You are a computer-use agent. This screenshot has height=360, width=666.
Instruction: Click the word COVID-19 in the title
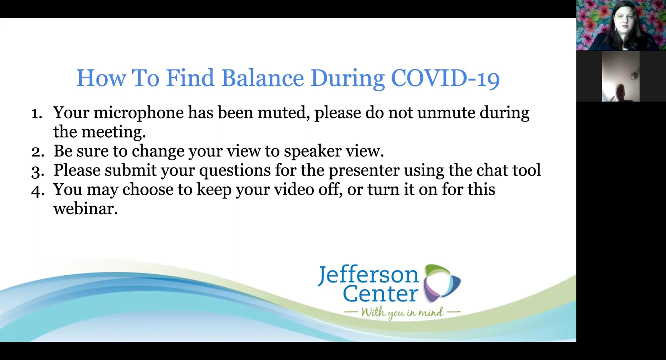[445, 78]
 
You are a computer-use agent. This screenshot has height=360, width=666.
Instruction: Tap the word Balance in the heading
[263, 78]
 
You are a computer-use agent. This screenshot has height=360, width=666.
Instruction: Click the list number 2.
[38, 152]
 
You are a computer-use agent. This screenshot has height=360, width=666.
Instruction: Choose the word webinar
[85, 209]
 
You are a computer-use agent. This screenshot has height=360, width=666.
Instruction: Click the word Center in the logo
[381, 293]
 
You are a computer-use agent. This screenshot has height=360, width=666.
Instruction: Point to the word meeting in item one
[113, 132]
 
